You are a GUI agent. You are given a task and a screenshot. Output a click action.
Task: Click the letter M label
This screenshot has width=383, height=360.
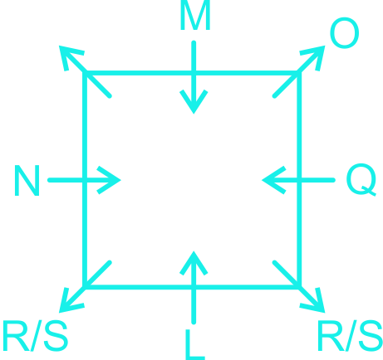(195, 15)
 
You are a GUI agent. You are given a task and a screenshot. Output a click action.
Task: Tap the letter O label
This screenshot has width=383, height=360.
(345, 33)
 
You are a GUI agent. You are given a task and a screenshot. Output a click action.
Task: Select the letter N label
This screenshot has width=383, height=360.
(27, 180)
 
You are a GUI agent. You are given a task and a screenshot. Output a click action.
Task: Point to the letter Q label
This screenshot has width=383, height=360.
(361, 180)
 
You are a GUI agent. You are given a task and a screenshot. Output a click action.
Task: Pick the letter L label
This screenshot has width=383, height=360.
(195, 344)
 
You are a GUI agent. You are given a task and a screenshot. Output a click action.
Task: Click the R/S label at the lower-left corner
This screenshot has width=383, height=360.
(35, 336)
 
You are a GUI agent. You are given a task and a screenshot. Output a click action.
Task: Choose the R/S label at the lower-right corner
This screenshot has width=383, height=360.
(350, 336)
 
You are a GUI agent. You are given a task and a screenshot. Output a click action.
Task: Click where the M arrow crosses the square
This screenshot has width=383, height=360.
(194, 73)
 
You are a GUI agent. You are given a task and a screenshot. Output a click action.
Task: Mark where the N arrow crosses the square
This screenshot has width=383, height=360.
(85, 180)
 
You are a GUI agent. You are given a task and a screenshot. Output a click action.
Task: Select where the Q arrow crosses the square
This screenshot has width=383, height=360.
(299, 180)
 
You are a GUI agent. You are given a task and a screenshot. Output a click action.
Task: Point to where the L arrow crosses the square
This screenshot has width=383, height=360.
(194, 287)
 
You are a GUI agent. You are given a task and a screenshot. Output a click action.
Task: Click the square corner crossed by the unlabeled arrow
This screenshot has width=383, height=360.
(85, 73)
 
